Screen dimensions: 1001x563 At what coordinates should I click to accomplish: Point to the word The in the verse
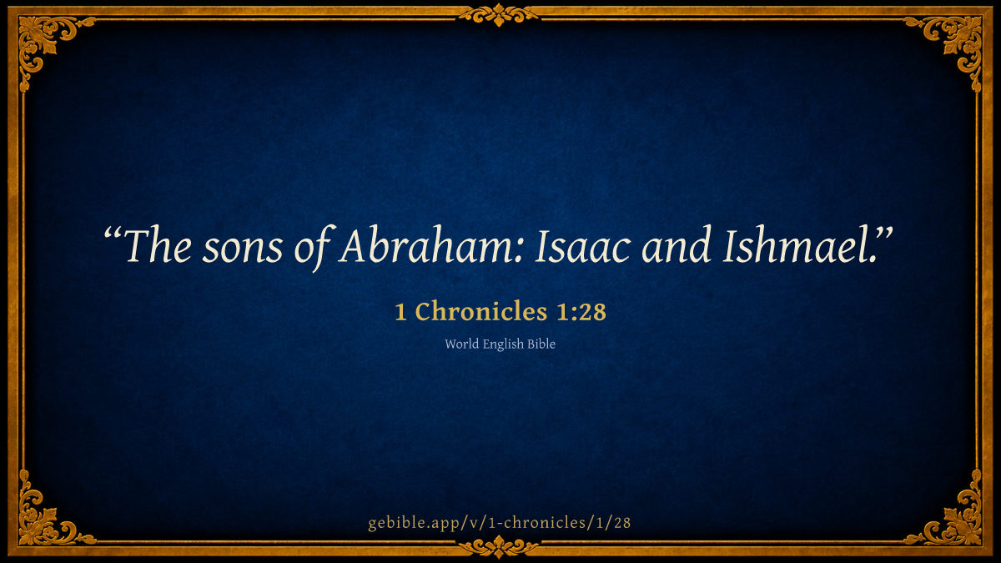pyautogui.click(x=158, y=246)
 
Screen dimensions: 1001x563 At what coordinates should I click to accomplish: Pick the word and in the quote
pyautogui.click(x=677, y=246)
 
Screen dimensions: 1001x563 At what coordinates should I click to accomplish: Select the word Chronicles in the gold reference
pyautogui.click(x=480, y=311)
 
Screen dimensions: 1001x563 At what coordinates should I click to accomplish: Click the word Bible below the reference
pyautogui.click(x=541, y=344)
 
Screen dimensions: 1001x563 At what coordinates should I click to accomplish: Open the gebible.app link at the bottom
pyautogui.click(x=499, y=523)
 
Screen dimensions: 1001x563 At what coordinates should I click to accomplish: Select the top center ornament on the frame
pyautogui.click(x=499, y=15)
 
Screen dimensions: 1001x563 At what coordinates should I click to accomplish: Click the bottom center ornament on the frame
pyautogui.click(x=499, y=547)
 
